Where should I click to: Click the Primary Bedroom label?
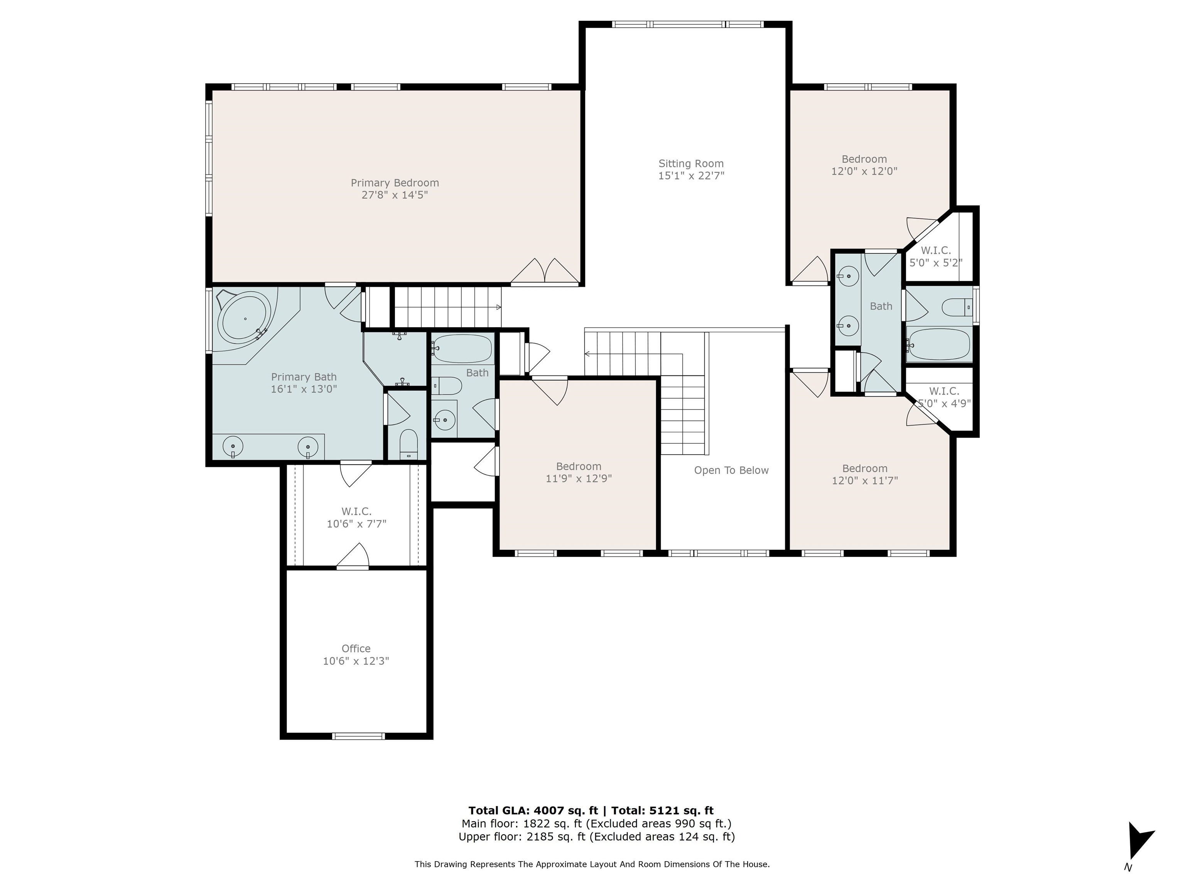click(395, 183)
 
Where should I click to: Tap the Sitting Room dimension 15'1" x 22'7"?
click(691, 176)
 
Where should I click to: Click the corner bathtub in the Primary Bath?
click(244, 318)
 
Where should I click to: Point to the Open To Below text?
click(731, 470)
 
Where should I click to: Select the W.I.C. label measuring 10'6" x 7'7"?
click(356, 518)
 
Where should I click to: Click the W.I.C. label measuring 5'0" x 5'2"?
click(936, 257)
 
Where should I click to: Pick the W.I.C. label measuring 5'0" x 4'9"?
click(944, 397)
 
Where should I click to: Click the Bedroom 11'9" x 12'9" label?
click(579, 472)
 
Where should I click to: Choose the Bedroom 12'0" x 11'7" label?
click(865, 474)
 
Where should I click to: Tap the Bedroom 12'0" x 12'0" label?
click(864, 165)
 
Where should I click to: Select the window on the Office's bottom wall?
click(358, 736)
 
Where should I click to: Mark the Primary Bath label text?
click(304, 377)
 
